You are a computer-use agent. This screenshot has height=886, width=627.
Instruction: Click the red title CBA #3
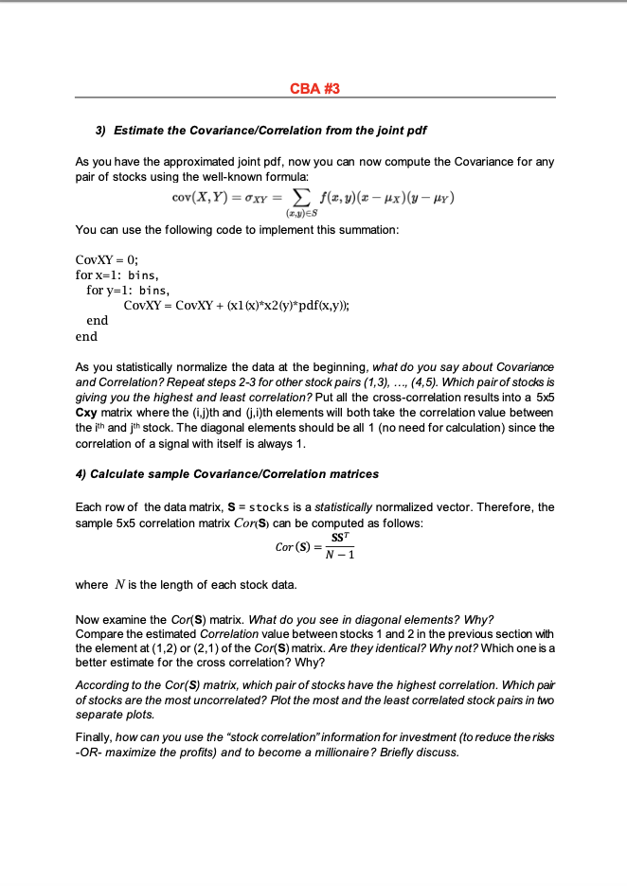[313, 88]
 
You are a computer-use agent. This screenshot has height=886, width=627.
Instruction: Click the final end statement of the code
[86, 335]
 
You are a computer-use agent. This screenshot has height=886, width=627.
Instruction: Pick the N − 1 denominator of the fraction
[338, 556]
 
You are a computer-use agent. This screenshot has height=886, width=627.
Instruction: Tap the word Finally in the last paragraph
[95, 737]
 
